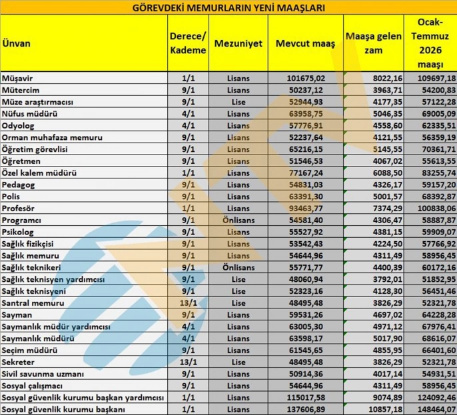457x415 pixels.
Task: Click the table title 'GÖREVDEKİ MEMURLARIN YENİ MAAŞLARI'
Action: [x=228, y=8]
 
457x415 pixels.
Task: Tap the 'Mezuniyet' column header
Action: [x=238, y=43]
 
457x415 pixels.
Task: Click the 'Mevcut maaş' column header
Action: [x=305, y=43]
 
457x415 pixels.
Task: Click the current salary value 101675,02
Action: [x=305, y=78]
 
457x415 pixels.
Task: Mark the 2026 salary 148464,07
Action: [x=433, y=408]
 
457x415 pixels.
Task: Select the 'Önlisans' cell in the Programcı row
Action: [x=238, y=220]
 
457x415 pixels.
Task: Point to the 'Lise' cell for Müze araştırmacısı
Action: [x=238, y=102]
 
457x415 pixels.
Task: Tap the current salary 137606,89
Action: [x=305, y=408]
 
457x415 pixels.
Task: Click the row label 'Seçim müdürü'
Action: [x=29, y=350]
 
